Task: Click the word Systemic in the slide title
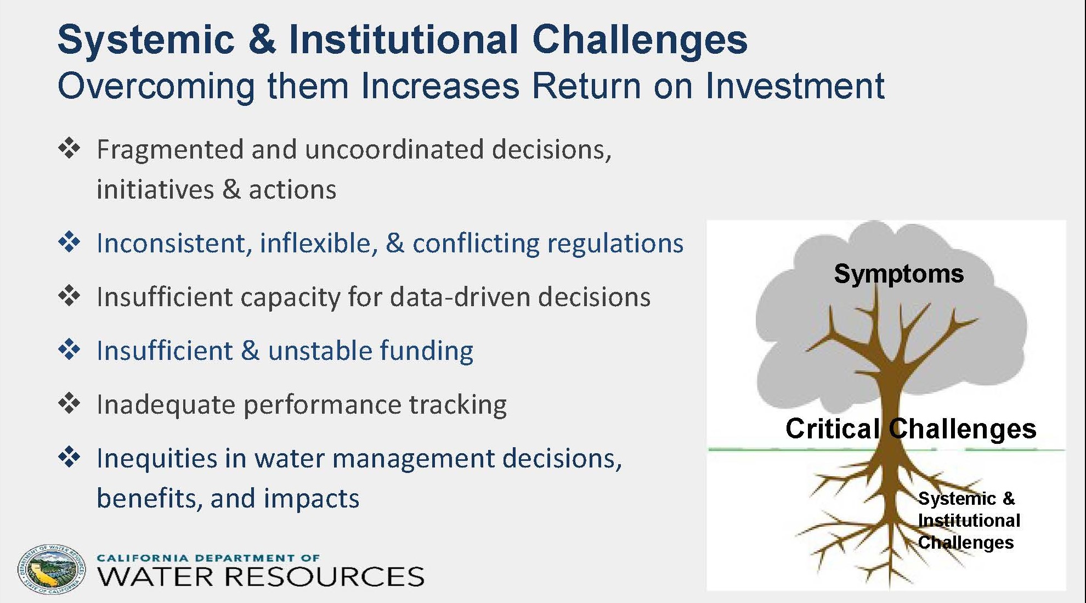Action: [x=146, y=40]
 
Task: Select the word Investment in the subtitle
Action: [x=795, y=86]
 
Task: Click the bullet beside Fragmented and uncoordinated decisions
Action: [x=69, y=149]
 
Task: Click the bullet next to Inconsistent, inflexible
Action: [x=69, y=242]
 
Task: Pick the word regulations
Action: [x=615, y=244]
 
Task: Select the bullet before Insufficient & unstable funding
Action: [x=69, y=350]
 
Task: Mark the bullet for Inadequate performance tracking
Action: [x=69, y=403]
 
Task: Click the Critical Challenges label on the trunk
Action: [x=910, y=429]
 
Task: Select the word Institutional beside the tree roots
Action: [x=969, y=520]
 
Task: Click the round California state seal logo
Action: [x=52, y=570]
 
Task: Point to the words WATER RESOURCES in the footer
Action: [x=261, y=577]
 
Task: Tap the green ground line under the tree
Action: [x=886, y=449]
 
